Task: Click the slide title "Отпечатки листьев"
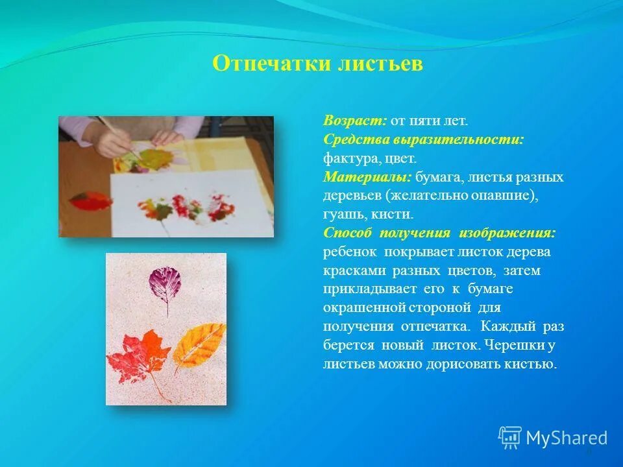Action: (317, 64)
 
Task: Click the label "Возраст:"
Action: (355, 121)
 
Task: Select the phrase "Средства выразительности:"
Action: (423, 139)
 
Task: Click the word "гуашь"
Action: (341, 214)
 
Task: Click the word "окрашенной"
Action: (361, 307)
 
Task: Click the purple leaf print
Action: (165, 285)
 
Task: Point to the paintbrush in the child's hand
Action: (119, 136)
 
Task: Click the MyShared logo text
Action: (567, 438)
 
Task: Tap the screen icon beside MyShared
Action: (510, 438)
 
